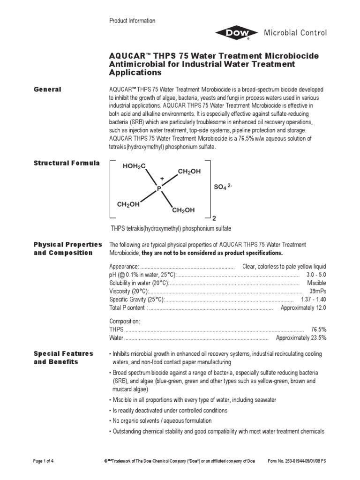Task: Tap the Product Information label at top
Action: tap(132, 21)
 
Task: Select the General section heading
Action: tap(47, 89)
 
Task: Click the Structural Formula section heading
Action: tap(66, 163)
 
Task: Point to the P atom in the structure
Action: tap(159, 188)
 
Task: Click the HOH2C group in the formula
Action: tap(135, 166)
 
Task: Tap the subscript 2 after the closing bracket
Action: tap(214, 218)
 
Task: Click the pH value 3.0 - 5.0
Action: tap(316, 275)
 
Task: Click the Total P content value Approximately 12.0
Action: tap(303, 307)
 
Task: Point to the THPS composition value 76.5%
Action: tap(318, 330)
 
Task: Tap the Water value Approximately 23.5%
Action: tap(301, 337)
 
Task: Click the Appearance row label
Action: tap(124, 266)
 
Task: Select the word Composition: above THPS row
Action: tap(125, 321)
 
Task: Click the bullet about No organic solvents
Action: tap(161, 420)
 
